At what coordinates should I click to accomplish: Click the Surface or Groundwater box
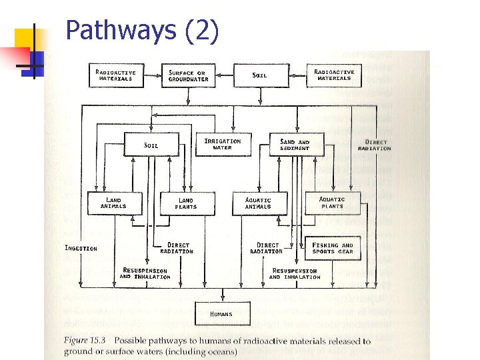pos(189,75)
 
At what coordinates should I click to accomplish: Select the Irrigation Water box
pos(222,144)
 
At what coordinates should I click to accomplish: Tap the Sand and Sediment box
pos(295,145)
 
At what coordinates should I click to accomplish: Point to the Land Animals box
pos(114,203)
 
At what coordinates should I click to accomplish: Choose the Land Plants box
pos(186,203)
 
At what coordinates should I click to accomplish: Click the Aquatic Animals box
pos(258,203)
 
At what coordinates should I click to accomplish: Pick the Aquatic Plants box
pos(331,203)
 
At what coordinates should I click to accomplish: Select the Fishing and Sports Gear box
pos(332,249)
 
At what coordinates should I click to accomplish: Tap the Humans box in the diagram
pos(222,313)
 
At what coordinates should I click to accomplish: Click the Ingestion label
pos(81,248)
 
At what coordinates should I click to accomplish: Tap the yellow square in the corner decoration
pos(27,40)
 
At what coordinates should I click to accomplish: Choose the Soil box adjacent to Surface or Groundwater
pos(260,75)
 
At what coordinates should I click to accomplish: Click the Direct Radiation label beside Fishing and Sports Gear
pos(267,248)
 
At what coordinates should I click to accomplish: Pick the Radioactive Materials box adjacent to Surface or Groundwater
pos(116,75)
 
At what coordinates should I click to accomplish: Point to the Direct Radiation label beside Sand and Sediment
pos(374,145)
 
